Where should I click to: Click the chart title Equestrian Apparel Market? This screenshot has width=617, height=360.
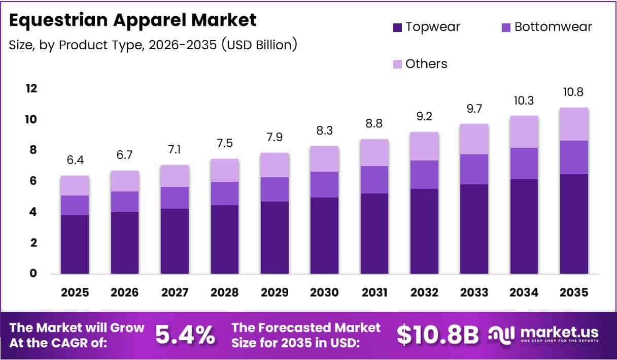[133, 20]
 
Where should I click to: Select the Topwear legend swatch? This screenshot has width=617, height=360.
[397, 27]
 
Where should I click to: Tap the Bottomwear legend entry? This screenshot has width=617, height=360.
[546, 27]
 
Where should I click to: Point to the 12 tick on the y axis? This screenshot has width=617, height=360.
[31, 89]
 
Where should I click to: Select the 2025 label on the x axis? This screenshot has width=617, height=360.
[75, 293]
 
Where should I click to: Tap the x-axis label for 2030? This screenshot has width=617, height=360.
[324, 293]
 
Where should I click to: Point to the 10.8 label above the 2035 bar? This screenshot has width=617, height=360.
[574, 93]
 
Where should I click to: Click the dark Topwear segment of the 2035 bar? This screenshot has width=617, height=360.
[574, 223]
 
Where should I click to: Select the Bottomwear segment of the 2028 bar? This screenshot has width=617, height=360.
[225, 193]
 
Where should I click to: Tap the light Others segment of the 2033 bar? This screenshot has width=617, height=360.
[474, 139]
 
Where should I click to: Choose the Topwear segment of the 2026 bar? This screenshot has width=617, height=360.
[125, 243]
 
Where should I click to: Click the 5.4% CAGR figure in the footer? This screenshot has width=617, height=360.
[185, 335]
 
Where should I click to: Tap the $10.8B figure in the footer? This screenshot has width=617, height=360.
[437, 335]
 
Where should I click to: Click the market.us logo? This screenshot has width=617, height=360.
[543, 335]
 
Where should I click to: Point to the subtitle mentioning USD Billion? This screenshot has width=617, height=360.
[153, 45]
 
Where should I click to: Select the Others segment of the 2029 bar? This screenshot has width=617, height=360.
[275, 165]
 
